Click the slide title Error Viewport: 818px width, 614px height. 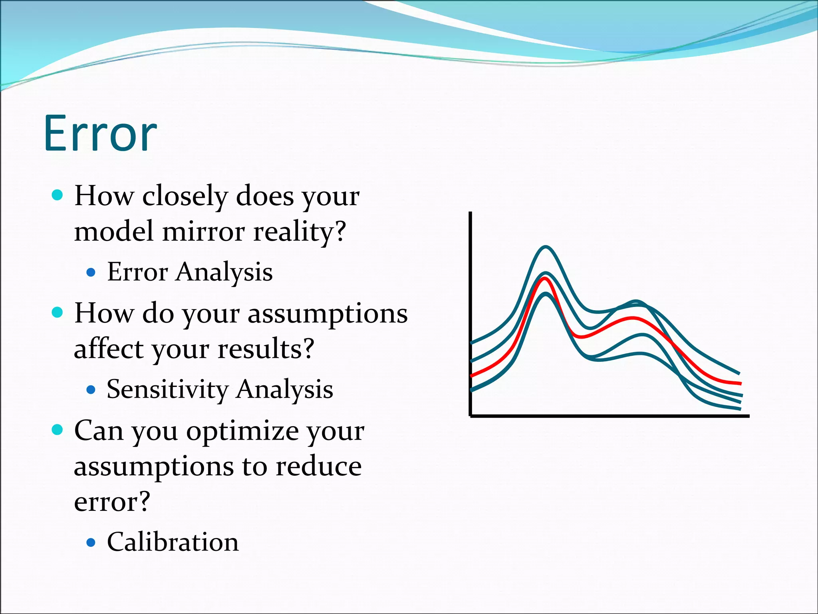coord(100,134)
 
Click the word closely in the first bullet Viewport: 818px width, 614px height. coord(185,196)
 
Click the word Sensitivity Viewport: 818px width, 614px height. coord(168,389)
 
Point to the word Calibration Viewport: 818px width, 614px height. coord(173,542)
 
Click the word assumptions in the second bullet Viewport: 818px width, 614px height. coord(328,314)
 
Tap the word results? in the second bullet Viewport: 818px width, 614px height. coord(266,349)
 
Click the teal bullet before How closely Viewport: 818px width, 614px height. coord(58,195)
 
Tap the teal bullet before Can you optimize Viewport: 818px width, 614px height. coord(58,430)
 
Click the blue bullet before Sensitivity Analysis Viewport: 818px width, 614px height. coord(91,389)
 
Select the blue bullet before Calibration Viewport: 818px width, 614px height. coord(91,542)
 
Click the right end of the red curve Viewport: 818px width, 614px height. coord(740,383)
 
